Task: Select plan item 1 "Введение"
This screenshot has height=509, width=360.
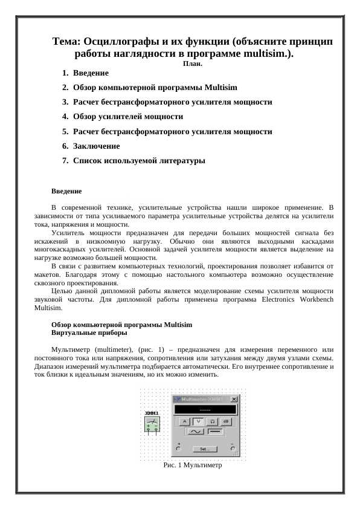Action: point(91,73)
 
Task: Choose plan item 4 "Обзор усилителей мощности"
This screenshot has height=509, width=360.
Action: point(127,117)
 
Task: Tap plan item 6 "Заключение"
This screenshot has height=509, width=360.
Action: point(96,146)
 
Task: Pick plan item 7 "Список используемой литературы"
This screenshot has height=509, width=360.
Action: point(139,161)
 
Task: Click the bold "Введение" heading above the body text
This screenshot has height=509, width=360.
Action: point(66,191)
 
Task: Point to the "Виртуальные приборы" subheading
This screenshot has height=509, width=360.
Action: point(89,332)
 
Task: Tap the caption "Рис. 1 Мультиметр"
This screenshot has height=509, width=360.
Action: point(193,466)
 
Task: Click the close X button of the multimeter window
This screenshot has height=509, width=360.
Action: point(234,400)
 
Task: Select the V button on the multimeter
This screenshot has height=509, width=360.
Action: point(198,421)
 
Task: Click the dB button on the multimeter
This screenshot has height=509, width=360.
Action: point(225,421)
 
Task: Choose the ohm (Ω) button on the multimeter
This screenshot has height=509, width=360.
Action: point(212,421)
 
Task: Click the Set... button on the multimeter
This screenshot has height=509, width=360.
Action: point(205,449)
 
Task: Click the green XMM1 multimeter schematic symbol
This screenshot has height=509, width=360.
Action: point(152,424)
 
